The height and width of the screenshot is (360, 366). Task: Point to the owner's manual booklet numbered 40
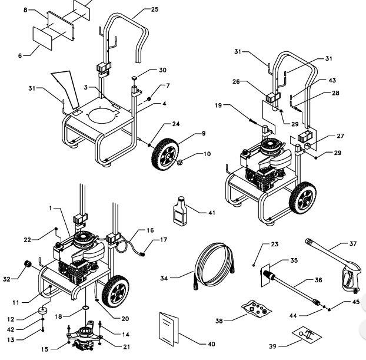(169, 328)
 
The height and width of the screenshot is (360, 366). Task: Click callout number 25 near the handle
(155, 9)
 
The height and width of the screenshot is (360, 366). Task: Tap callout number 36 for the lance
(318, 280)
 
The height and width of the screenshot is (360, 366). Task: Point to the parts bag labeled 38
(257, 309)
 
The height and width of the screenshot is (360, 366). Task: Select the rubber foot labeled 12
(44, 312)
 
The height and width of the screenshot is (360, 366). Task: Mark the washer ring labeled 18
(86, 307)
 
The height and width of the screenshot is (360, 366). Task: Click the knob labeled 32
(28, 264)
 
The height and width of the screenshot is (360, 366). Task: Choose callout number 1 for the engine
(51, 208)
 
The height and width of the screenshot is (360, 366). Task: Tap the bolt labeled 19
(253, 121)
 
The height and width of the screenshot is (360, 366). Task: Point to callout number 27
(341, 136)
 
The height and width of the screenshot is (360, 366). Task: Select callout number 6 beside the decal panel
(20, 55)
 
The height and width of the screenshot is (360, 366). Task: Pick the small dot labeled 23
(254, 265)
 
